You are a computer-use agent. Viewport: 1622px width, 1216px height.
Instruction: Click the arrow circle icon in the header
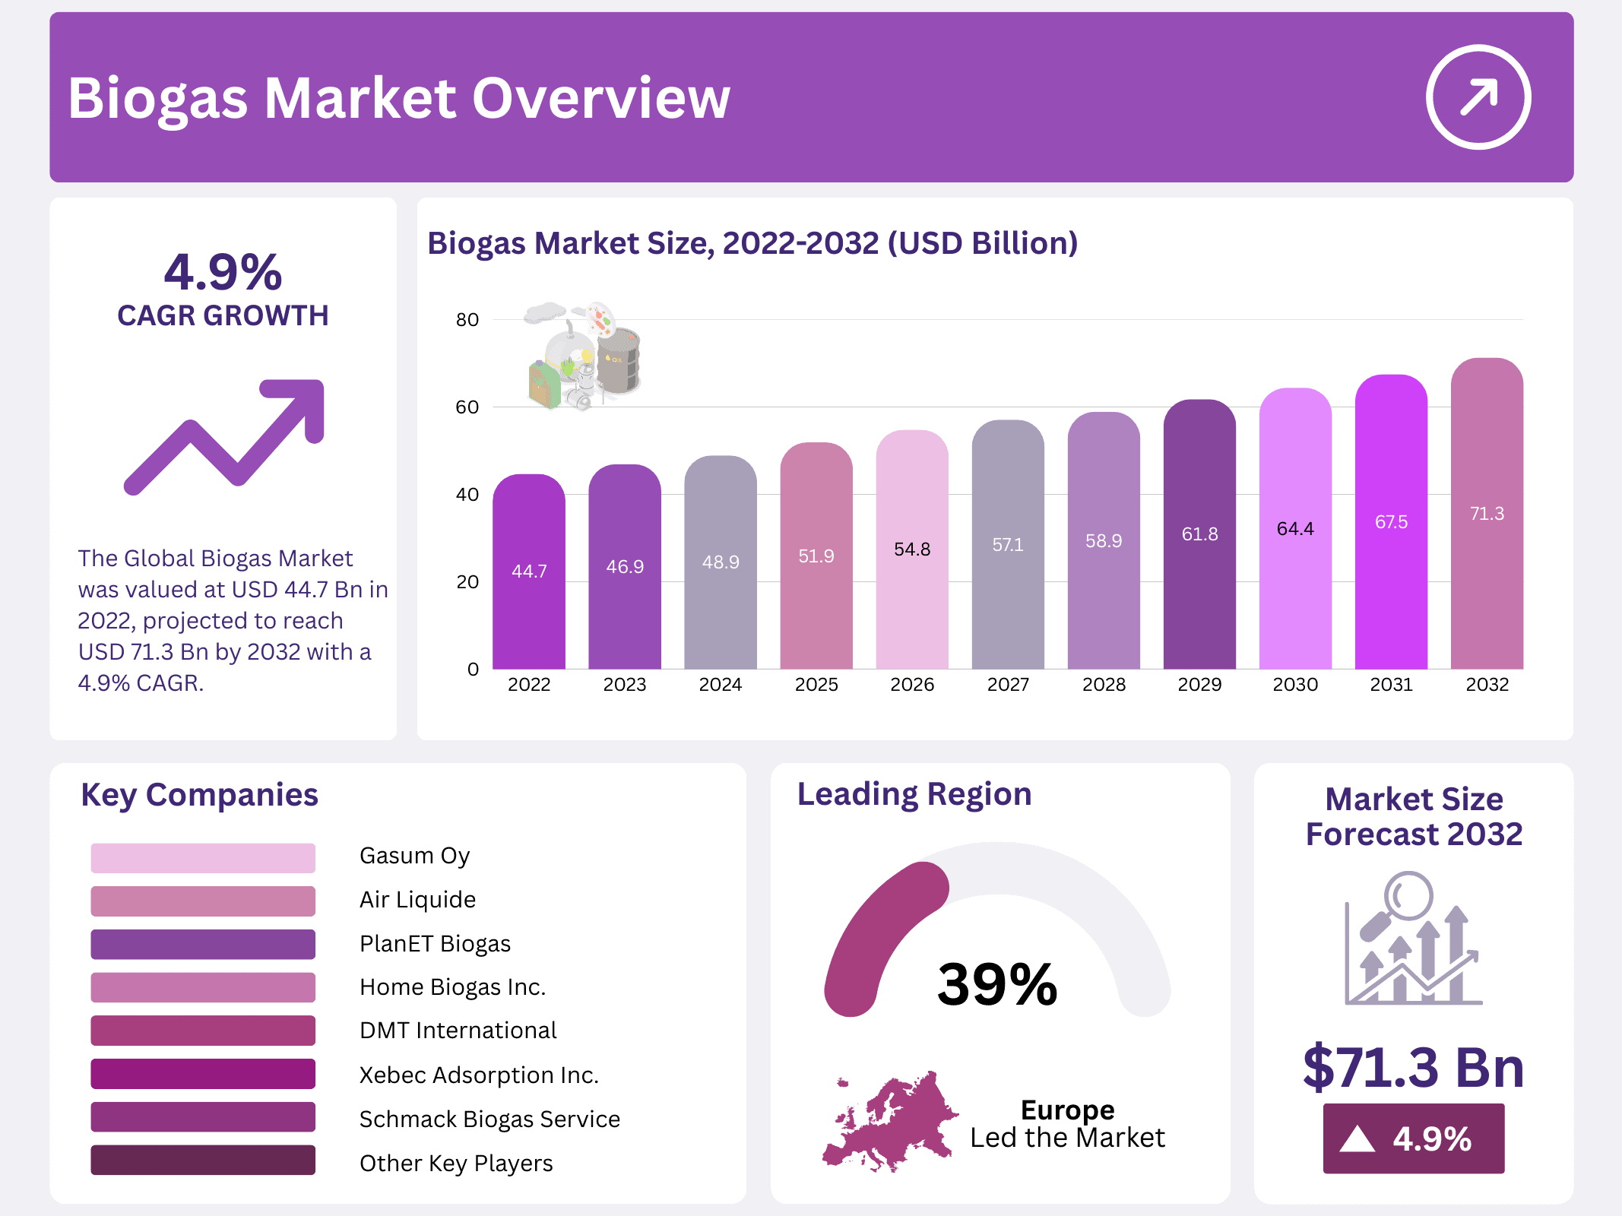1478,97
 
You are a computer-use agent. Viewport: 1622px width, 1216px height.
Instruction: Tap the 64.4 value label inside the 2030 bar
1295,528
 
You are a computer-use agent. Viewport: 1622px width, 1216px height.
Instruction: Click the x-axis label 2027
1008,685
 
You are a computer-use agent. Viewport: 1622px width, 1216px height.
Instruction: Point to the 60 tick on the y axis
467,407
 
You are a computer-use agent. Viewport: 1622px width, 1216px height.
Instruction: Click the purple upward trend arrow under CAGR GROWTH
225,436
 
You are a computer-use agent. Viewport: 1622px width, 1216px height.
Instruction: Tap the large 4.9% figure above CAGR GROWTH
223,272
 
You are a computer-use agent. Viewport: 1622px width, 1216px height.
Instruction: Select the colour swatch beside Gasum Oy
203,857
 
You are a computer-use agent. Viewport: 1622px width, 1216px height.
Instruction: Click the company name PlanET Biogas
435,943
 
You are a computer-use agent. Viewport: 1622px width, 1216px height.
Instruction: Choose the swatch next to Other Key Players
203,1161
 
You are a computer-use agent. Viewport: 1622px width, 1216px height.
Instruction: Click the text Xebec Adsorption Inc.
479,1075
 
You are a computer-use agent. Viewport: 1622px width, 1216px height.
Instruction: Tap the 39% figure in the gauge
996,984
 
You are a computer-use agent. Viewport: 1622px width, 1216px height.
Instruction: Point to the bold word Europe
1067,1110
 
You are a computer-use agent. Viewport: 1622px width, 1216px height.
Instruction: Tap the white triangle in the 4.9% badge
1357,1139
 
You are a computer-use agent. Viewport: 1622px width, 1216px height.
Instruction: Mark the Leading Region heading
914,794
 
